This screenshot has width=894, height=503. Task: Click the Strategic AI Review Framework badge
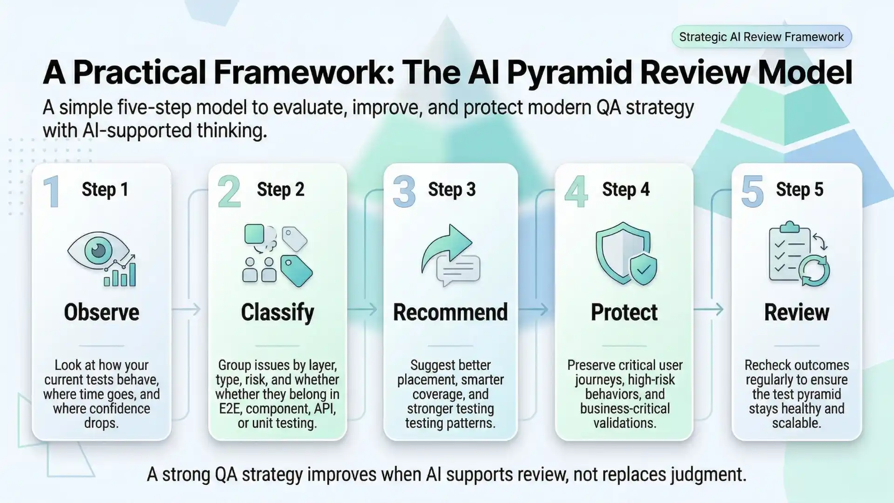[761, 37]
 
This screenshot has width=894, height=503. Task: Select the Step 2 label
[280, 190]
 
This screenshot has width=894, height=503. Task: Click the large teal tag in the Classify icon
[296, 271]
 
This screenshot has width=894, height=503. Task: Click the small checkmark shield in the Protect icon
[643, 269]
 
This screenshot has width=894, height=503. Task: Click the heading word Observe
[102, 312]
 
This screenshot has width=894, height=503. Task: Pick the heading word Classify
[278, 312]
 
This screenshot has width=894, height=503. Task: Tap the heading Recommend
[450, 312]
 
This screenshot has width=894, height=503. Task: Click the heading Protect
[624, 312]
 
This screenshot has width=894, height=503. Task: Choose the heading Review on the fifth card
[796, 312]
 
